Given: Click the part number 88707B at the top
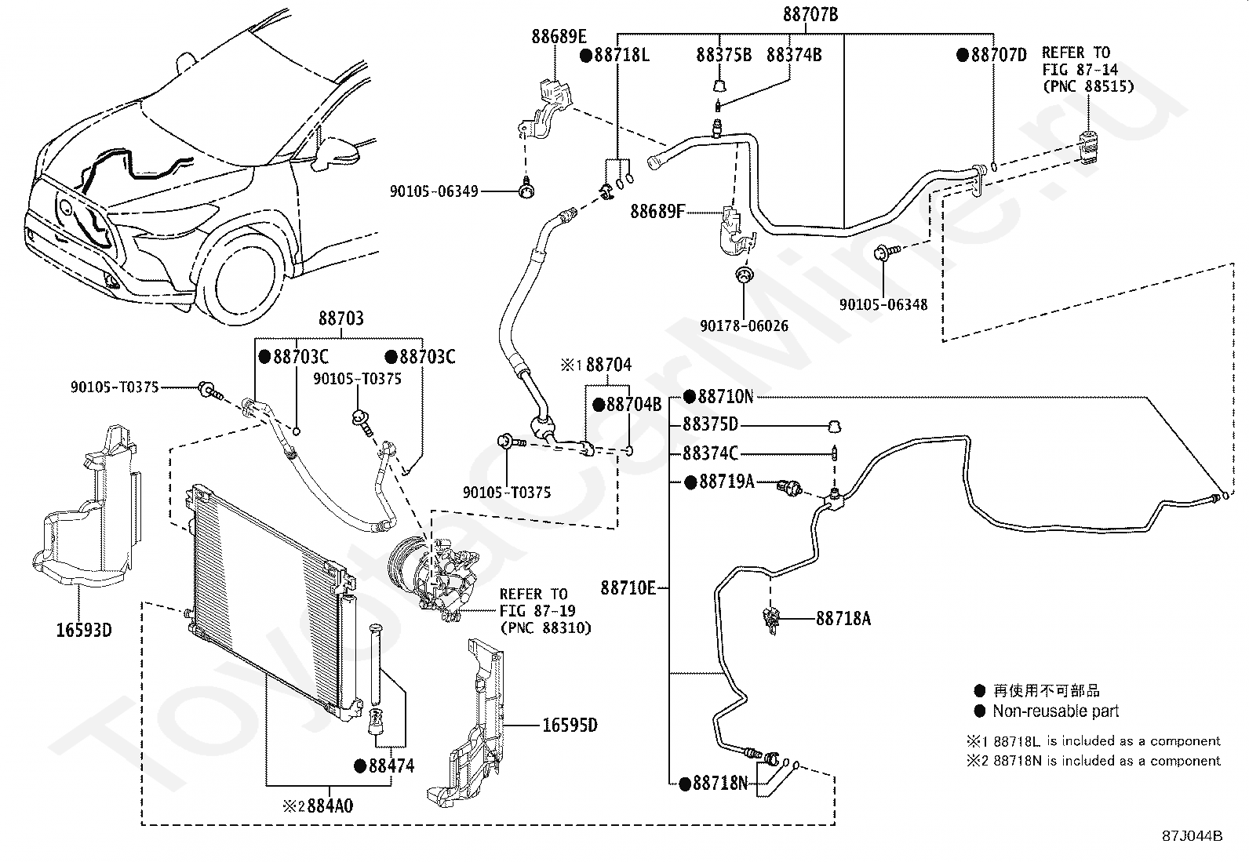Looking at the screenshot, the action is [x=810, y=14].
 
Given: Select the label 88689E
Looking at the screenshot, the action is [x=559, y=37].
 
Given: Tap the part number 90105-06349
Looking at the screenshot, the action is [x=434, y=191].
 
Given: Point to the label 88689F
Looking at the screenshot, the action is [x=657, y=211].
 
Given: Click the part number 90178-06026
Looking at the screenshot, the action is [x=745, y=326].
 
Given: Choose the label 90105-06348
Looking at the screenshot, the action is [x=883, y=304].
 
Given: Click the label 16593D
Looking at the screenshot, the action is [x=84, y=630].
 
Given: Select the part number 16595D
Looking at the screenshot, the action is [x=570, y=726].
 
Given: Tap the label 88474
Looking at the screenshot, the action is [x=392, y=766].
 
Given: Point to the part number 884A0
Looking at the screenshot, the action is [x=330, y=806].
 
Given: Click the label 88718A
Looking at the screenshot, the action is [x=843, y=618].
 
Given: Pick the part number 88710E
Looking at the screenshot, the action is [x=628, y=587].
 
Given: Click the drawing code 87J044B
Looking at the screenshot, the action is [x=1193, y=836].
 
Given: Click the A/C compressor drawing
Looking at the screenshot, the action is [x=434, y=577].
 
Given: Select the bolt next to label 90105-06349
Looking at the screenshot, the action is [x=526, y=190].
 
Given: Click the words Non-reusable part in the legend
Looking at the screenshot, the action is [x=1056, y=711].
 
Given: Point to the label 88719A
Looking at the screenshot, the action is [x=727, y=482].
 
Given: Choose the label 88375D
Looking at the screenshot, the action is [x=710, y=424].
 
